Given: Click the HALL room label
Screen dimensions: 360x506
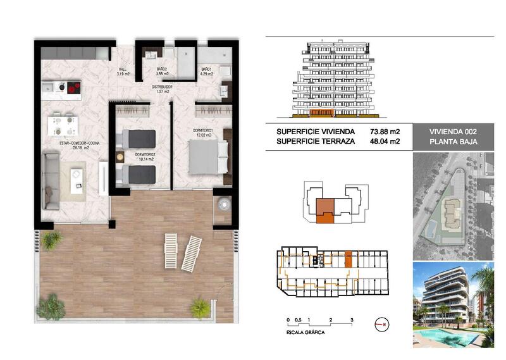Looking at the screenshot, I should click(123, 71).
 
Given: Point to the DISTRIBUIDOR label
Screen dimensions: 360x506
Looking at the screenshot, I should click(164, 89).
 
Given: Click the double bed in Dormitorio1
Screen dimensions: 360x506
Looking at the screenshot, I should click(206, 156).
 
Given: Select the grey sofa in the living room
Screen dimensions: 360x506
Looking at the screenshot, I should click(51, 180).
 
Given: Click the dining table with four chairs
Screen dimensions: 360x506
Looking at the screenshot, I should click(62, 123).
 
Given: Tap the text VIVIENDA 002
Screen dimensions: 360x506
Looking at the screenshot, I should click(452, 132).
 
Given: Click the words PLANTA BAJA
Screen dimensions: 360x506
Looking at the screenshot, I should click(452, 142).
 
